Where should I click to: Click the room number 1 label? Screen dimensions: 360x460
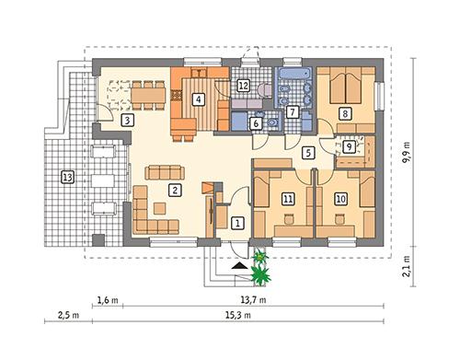(237, 222)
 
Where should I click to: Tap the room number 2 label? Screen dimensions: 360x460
(173, 190)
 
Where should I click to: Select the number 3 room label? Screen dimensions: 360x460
(128, 120)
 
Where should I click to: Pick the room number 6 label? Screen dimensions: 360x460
(257, 123)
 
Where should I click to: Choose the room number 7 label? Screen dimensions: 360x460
(293, 112)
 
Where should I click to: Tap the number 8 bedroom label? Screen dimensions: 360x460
(345, 113)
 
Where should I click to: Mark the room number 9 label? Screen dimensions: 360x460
(351, 145)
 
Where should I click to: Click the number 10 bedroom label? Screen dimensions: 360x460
(340, 197)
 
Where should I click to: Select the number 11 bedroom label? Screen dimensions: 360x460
(288, 197)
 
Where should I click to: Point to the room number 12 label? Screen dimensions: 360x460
(244, 86)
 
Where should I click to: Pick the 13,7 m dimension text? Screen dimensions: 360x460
(248, 300)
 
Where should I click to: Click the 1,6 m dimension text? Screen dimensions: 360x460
(109, 300)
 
